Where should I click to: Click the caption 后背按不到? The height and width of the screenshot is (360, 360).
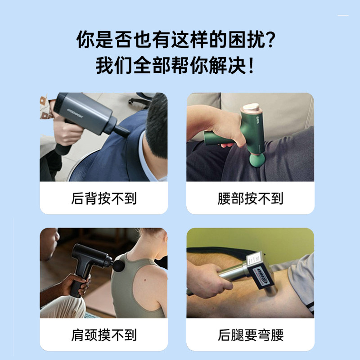pos(103,198)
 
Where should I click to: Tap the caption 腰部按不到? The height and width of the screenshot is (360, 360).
pos(250,198)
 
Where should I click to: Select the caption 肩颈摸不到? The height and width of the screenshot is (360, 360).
pos(103,335)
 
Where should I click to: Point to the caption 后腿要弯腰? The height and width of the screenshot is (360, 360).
pos(250,335)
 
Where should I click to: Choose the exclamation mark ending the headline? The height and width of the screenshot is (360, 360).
pos(251,66)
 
